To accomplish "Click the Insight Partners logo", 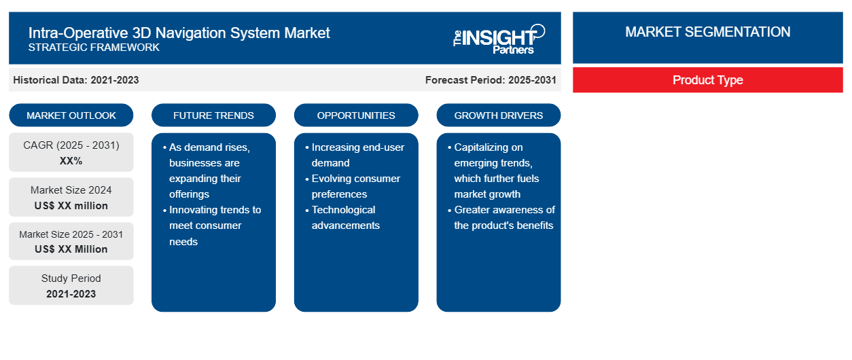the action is coord(499,39).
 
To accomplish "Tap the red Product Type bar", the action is coord(707,80).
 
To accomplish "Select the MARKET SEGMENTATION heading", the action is coord(707,32).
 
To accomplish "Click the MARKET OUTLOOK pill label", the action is coord(71,115).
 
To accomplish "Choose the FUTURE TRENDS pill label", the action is coord(213,115).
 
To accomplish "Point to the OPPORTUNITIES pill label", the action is coord(356,115).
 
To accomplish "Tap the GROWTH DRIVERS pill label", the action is coord(498,115).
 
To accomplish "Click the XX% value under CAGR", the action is coord(71,161).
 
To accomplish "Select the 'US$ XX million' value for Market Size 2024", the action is coord(71,206).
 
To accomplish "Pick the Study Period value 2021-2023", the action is coord(71,294).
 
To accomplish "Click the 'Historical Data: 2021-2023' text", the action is coord(76,80).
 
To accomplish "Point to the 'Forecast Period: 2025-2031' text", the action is coord(491,80).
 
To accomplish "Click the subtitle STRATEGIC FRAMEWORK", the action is coord(94,48).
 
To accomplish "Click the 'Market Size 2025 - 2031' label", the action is coord(71,234).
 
